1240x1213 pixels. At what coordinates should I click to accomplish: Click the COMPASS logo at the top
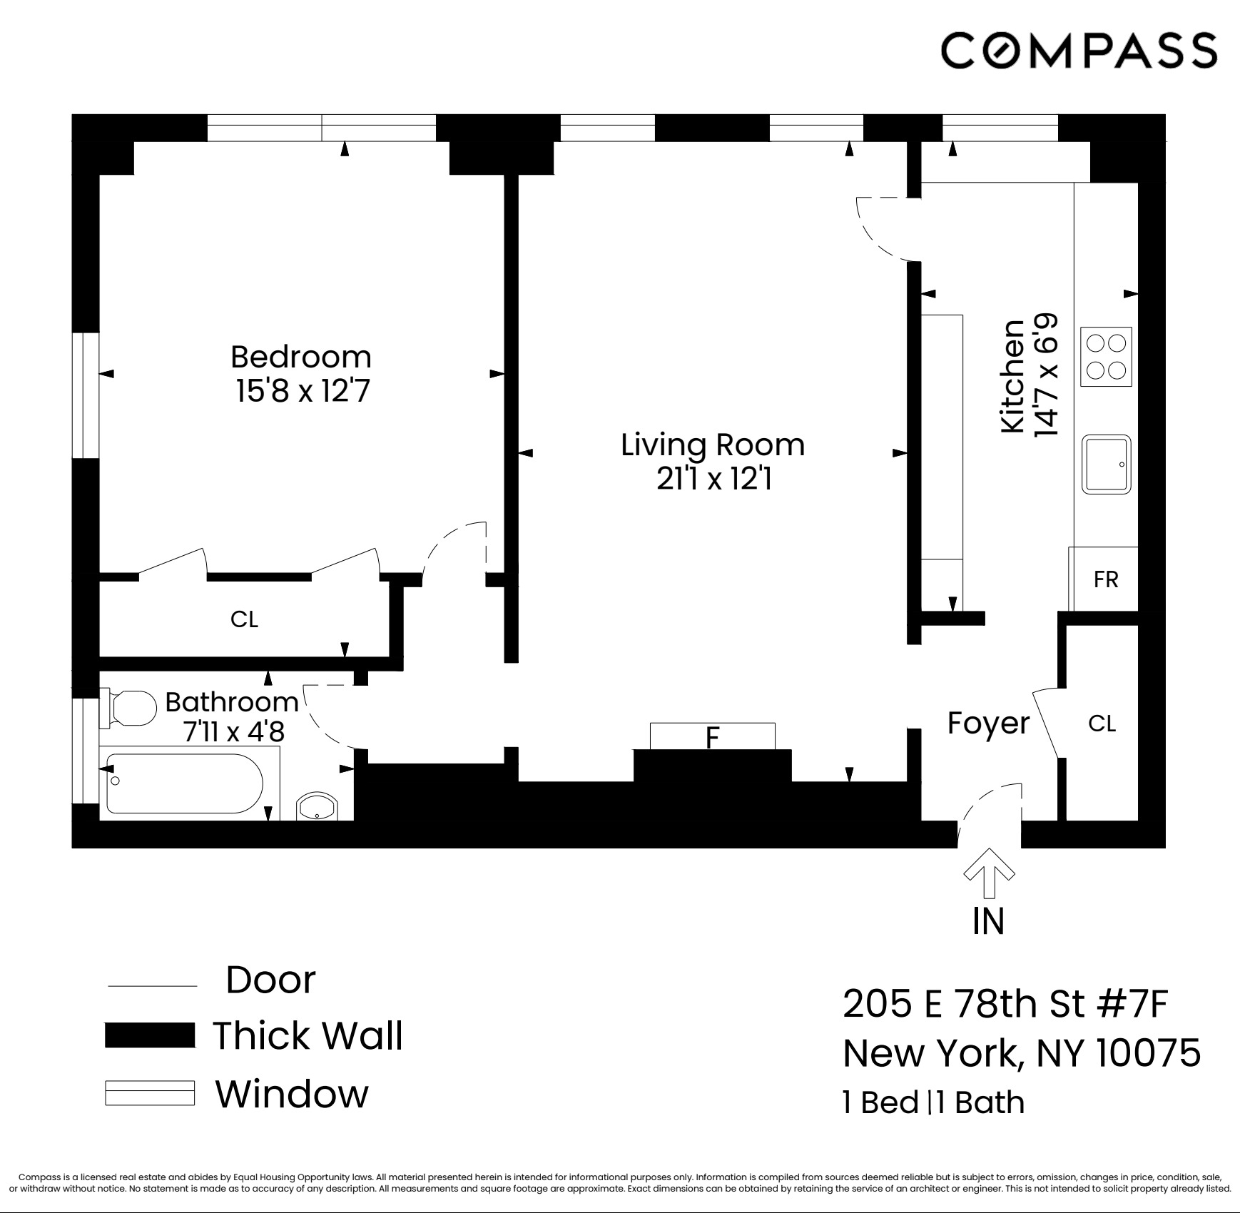coord(1078,50)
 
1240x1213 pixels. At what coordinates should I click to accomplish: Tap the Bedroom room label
coord(301,357)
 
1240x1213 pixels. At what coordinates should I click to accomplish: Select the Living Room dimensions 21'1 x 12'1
coord(713,479)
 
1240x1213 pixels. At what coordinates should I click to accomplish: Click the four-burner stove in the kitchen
coord(1106,357)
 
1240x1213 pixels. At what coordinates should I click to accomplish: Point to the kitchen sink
coord(1106,465)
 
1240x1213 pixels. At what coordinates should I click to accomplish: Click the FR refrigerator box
coord(1104,579)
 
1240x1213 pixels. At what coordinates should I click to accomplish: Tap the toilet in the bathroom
coord(130,708)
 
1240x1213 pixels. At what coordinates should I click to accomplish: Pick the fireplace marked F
coord(712,736)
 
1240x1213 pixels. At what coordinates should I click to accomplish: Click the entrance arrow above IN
coord(989,872)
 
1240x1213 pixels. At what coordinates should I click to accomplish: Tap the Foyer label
coord(988,724)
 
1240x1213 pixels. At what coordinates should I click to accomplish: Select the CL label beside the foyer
coord(1102,724)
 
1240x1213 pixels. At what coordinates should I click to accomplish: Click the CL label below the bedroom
coord(244,619)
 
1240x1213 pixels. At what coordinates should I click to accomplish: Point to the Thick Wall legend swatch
coord(150,1035)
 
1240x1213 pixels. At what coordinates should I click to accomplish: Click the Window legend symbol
coord(150,1093)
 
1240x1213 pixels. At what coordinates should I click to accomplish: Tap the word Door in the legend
coord(270,980)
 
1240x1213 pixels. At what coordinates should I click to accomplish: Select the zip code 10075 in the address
coord(1148,1052)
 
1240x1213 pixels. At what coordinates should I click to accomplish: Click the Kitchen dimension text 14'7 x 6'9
coord(1045,375)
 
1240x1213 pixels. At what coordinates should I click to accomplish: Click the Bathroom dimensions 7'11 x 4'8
coord(234,732)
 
